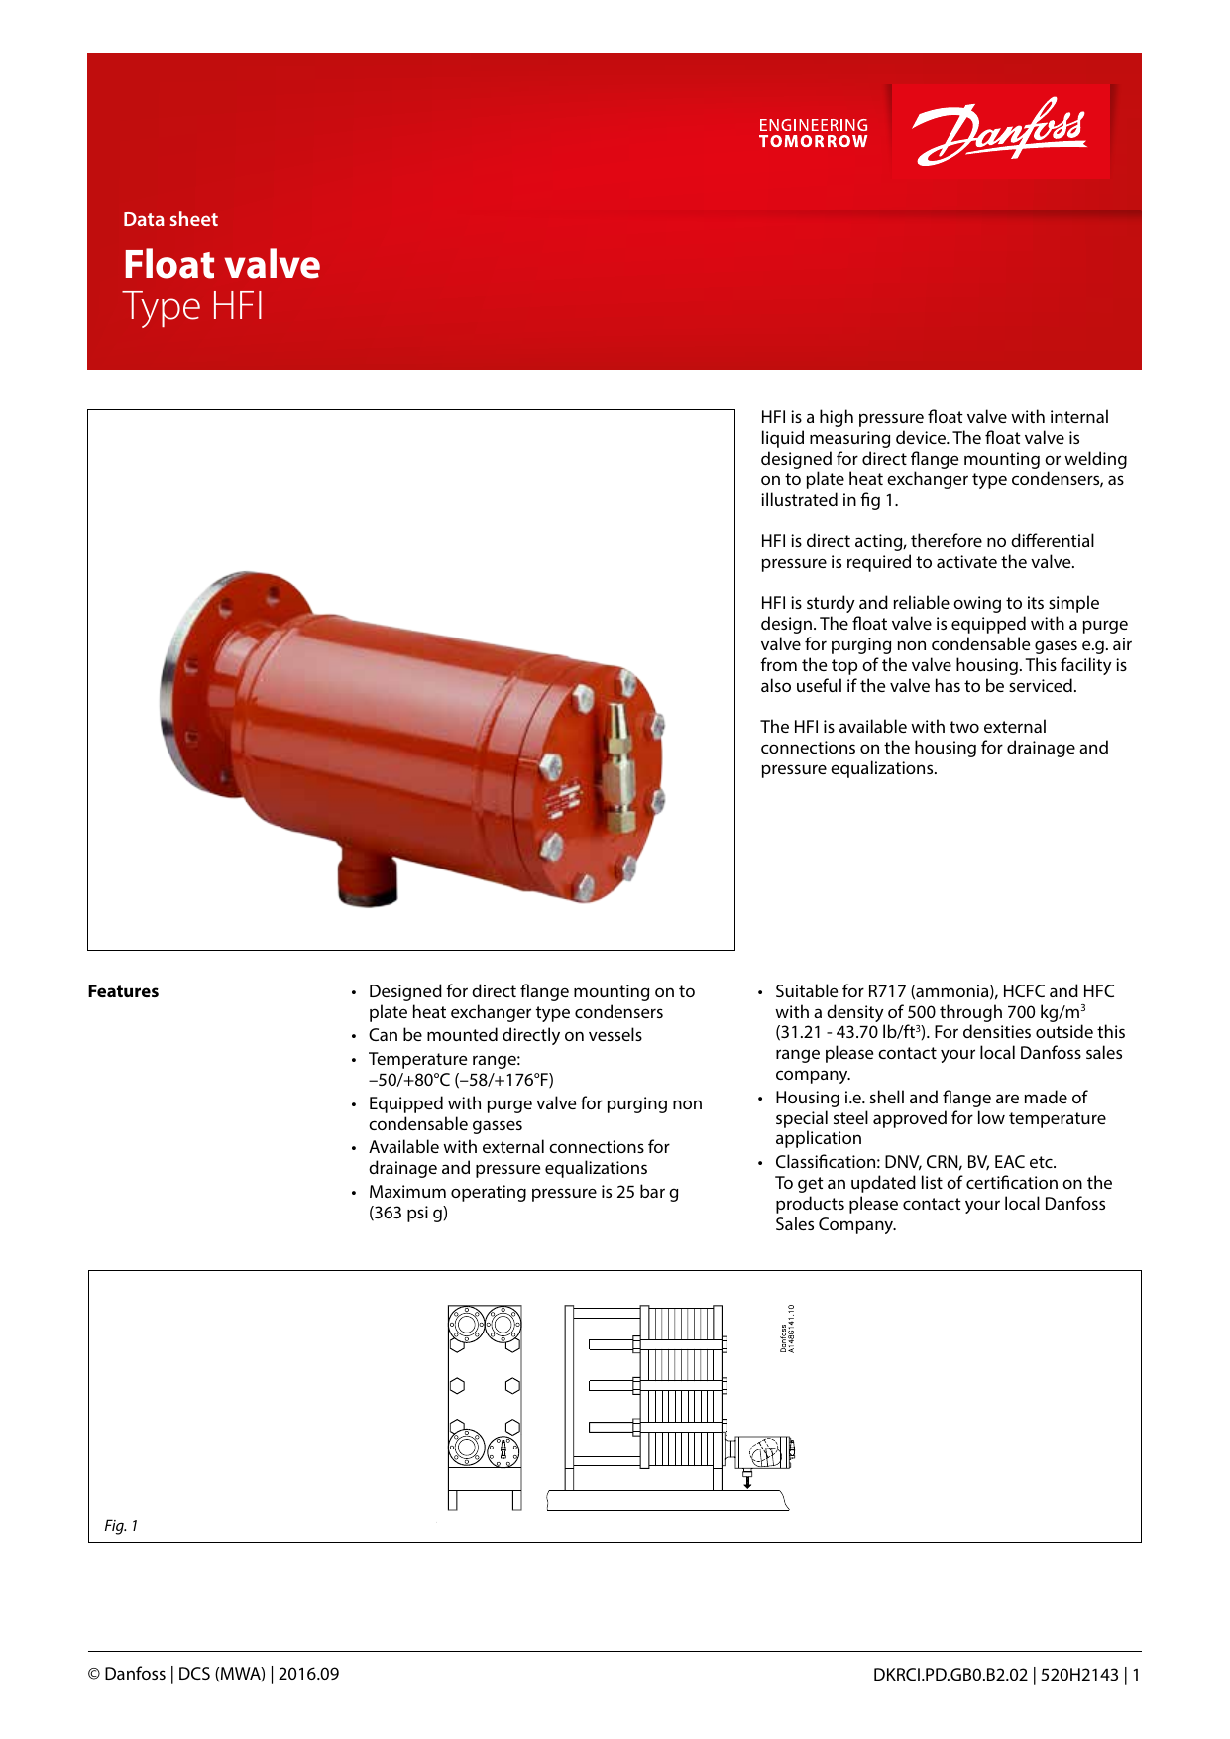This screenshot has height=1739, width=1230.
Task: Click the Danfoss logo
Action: (x=999, y=132)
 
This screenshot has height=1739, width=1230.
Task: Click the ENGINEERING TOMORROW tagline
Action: (x=813, y=133)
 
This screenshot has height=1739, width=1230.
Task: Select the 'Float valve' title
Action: (x=222, y=265)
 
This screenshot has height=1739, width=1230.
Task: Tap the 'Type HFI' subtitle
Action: (x=193, y=306)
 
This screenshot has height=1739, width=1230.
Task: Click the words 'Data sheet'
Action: (x=170, y=220)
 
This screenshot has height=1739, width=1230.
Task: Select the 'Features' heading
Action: (x=123, y=991)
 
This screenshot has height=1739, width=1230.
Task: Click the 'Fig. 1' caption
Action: (x=121, y=1526)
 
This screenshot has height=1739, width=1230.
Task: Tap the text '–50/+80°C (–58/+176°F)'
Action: (x=461, y=1080)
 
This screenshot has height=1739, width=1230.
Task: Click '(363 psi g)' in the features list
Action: (x=408, y=1213)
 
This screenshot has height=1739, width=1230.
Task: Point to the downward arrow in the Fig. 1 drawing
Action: (x=747, y=1480)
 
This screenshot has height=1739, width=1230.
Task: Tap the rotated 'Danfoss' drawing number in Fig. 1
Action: (x=787, y=1329)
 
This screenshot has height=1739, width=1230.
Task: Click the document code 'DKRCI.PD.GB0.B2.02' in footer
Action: (x=950, y=1675)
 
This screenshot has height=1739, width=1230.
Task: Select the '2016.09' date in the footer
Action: (x=308, y=1674)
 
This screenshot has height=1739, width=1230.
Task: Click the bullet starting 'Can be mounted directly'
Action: (x=504, y=1035)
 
